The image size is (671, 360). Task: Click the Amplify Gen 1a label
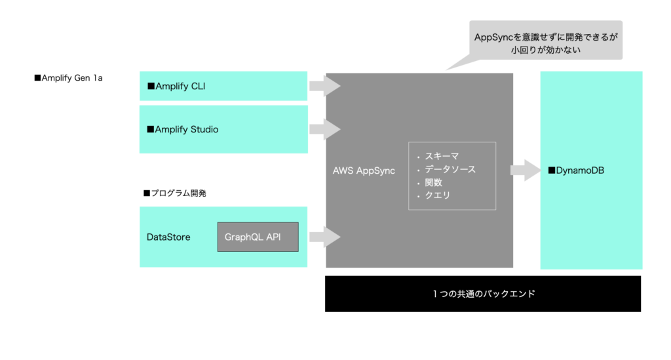click(x=68, y=78)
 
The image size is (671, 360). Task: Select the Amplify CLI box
click(x=223, y=86)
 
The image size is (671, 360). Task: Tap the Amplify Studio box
click(x=223, y=129)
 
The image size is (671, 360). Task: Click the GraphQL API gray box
click(x=258, y=237)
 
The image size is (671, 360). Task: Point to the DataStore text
click(x=168, y=237)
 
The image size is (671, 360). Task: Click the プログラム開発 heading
click(x=174, y=193)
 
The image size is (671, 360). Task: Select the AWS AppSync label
click(x=364, y=170)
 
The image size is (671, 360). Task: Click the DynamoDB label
click(x=576, y=170)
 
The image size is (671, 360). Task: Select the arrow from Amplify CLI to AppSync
click(x=325, y=86)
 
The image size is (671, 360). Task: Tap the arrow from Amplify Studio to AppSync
click(x=325, y=129)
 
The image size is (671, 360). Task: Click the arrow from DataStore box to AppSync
click(x=325, y=237)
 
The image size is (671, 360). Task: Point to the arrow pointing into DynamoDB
click(x=526, y=170)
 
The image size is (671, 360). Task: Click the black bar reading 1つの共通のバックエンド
click(x=483, y=294)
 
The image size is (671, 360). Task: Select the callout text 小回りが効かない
click(x=546, y=50)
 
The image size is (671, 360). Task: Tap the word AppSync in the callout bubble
click(x=493, y=37)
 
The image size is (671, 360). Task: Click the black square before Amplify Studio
click(x=150, y=129)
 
